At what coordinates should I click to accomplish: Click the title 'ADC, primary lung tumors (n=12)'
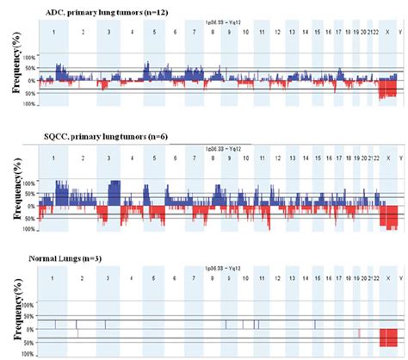(x=91, y=9)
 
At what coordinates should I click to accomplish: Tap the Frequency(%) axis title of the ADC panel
(x=17, y=72)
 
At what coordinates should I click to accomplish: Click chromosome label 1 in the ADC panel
(x=53, y=30)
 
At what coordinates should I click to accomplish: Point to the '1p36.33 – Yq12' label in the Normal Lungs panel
(x=217, y=270)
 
